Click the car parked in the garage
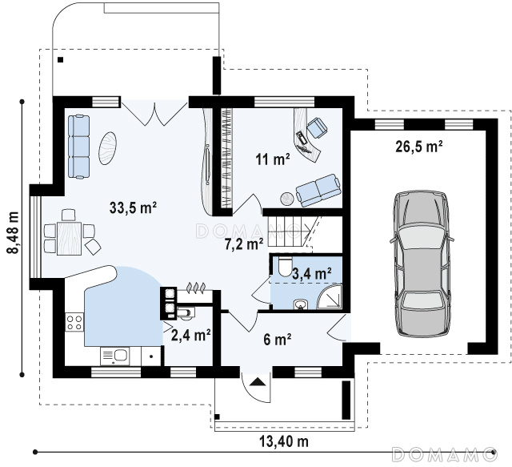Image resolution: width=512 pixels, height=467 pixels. pos(422,264)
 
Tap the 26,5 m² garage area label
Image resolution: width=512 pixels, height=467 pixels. pos(419,147)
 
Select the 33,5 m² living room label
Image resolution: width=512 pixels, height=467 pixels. pos(134,207)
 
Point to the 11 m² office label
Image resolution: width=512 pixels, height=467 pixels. pos(273,159)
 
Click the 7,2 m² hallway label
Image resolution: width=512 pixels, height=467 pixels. pos(244,244)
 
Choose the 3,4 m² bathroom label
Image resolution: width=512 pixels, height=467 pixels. pos(312,273)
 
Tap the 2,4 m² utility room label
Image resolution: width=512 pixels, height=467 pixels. pos(190,335)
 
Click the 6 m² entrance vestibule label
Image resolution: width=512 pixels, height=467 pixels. pos(278,340)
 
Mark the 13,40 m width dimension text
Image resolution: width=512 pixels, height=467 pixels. pos(284,441)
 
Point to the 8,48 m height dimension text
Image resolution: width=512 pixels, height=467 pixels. pos(14,232)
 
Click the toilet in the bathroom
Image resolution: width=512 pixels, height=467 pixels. pos(286,267)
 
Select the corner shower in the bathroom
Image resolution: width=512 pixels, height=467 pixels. pos(330,296)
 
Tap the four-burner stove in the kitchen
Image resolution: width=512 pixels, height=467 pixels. pos(74,322)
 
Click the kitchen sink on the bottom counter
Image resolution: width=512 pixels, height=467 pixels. pos(115,356)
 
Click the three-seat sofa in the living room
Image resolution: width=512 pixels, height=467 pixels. pos(78,147)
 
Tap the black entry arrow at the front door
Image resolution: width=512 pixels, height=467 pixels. pos(258,381)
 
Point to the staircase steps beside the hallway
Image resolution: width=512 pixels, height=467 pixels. pos(287,231)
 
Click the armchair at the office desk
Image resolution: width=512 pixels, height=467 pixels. pos(317,127)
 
